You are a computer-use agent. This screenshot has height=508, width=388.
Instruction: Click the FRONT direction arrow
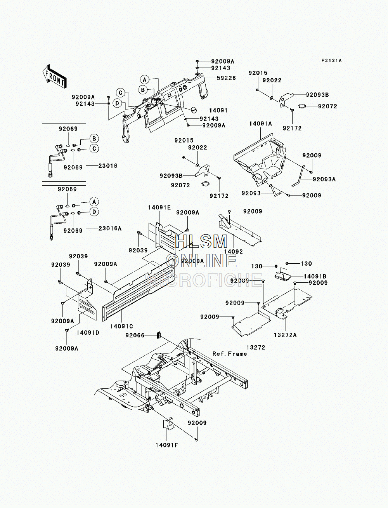54,77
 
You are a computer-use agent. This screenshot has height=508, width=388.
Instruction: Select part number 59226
226,78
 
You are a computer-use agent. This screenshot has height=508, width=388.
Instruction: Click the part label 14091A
260,124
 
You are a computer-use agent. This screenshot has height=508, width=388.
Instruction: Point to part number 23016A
110,228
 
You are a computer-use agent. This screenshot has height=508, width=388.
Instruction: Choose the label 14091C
121,326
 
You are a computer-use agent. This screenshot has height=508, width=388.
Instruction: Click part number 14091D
88,332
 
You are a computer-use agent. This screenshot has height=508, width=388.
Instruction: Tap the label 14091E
159,208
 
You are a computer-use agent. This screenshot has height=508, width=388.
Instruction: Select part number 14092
233,251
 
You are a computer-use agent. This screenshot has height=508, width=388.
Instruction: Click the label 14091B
315,277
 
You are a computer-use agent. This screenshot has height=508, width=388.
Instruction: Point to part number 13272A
285,335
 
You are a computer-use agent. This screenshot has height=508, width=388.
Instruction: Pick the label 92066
135,335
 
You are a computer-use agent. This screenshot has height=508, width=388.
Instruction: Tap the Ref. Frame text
230,354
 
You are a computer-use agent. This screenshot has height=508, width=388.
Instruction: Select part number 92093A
324,179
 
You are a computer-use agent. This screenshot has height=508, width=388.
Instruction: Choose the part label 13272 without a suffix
256,347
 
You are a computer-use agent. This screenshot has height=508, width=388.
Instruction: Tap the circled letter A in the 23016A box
94,202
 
